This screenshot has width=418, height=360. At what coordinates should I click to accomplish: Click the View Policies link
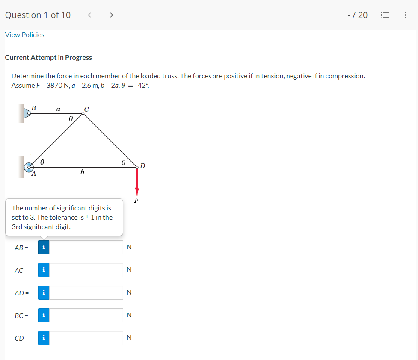[x=25, y=35]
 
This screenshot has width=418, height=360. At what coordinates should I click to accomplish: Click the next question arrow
[x=112, y=15]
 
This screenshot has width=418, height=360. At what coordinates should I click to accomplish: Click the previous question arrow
[x=89, y=15]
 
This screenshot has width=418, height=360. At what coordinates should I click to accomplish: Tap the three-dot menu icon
[x=405, y=15]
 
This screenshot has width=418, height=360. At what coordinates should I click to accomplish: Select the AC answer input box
[x=86, y=270]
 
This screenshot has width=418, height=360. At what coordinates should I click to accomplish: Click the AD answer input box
[x=86, y=292]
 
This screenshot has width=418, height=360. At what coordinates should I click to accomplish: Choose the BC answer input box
[x=86, y=315]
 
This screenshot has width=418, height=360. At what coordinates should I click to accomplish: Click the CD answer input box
[x=86, y=338]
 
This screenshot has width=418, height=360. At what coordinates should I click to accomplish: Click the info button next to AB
[x=44, y=247]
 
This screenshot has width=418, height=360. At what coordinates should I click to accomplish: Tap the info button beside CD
[x=44, y=338]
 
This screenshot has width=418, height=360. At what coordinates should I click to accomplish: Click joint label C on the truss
[x=86, y=109]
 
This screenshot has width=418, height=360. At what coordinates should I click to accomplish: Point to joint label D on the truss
[x=142, y=165]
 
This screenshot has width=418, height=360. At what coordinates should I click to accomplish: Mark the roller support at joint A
[x=29, y=167]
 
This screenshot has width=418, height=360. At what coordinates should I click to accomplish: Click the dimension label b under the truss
[x=82, y=172]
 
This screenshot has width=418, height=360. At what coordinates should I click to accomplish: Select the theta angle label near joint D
[x=123, y=162]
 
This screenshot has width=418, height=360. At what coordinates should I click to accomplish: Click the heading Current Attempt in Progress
[x=48, y=57]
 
